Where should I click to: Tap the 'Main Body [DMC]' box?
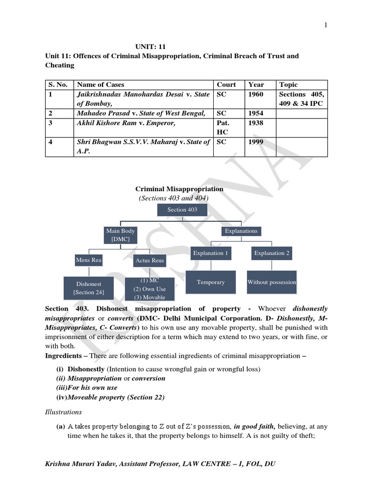119,235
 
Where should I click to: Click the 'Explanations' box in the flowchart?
241,231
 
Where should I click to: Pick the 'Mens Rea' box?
88,260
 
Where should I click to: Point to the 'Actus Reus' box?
150,261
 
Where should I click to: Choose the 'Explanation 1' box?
211,253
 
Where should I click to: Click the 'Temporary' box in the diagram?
211,282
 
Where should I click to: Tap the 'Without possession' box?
271,282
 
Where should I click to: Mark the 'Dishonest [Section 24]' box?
88,288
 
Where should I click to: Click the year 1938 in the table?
256,123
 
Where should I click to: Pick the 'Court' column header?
226,84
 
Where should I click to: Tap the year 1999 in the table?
256,142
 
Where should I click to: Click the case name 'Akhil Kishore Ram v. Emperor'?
126,123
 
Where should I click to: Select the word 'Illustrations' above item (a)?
63,412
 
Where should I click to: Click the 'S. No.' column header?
57,84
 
